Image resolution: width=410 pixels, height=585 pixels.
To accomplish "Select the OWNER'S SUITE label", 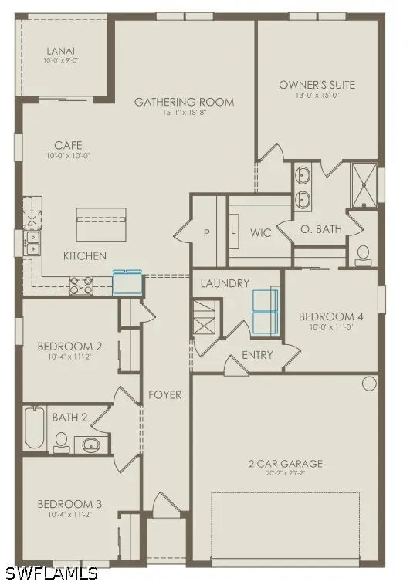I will (309, 85).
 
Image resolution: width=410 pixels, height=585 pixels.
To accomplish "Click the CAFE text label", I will (68, 144).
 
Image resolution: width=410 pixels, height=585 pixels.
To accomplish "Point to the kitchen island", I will (100, 225).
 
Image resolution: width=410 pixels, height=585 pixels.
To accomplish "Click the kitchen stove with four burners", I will (81, 285).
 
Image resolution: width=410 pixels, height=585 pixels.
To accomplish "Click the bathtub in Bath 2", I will (34, 428).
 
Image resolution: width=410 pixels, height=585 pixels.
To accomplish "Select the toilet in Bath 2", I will (61, 441).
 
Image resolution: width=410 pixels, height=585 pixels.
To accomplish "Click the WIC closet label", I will (261, 232).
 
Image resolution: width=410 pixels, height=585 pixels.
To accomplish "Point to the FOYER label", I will (165, 394).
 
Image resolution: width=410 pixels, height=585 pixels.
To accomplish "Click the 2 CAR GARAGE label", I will (285, 464).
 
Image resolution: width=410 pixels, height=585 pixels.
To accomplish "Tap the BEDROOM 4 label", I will (330, 317).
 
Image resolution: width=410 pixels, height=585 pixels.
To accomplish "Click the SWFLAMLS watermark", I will (51, 573).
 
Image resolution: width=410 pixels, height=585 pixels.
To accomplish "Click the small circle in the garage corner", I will (369, 384).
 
